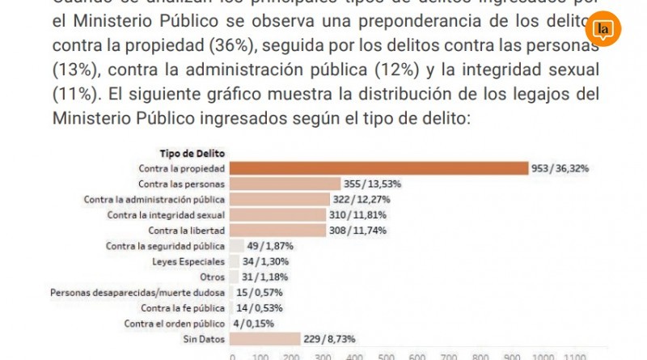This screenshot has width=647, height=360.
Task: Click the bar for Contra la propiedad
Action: coord(378,168)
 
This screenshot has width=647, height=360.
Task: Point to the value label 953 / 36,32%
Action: coord(560,168)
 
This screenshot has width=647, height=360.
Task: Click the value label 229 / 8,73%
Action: coord(329,338)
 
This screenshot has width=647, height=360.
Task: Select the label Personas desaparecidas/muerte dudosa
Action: coord(137,292)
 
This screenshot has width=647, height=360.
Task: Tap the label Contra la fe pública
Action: coord(183,307)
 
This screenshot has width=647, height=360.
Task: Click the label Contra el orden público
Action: coord(175,323)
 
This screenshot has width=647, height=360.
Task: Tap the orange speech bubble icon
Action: coord(603,31)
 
